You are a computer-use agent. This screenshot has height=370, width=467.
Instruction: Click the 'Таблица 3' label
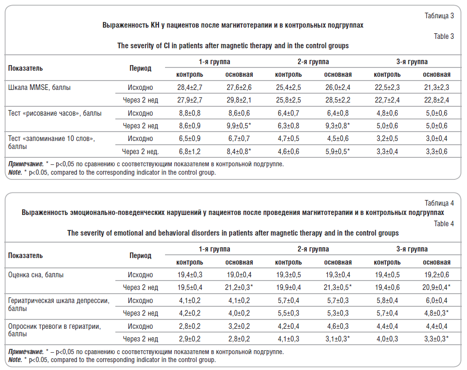(439, 16)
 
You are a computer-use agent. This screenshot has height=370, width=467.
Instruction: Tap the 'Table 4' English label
(444, 224)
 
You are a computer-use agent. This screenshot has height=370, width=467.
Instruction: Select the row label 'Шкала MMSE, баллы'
(39, 88)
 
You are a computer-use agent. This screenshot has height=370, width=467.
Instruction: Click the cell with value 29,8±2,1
(239, 100)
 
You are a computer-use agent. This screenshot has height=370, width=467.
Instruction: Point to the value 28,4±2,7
(190, 88)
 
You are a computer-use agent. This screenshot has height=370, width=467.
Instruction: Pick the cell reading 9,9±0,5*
(239, 126)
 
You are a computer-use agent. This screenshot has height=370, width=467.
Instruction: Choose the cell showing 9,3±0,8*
(338, 126)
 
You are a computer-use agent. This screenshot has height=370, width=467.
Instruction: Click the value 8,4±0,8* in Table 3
(239, 152)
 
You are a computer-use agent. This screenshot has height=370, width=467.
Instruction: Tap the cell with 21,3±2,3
(437, 88)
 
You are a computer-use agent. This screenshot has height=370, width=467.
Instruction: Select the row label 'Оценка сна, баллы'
(36, 275)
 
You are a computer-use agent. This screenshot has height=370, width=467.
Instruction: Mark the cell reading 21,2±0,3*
(239, 287)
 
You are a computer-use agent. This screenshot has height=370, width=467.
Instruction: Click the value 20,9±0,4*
(437, 287)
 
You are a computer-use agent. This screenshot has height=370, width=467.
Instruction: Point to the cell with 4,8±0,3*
(437, 313)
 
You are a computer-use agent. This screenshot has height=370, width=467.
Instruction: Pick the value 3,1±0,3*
(338, 339)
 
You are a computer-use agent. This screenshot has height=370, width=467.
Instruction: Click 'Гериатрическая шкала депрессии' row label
(59, 301)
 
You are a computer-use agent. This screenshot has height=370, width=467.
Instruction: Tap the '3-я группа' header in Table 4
(412, 249)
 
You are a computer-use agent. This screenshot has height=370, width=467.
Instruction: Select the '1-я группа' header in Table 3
(214, 62)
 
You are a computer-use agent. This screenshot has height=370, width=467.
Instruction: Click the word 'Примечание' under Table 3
(26, 164)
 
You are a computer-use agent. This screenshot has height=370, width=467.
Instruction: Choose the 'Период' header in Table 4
(140, 256)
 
